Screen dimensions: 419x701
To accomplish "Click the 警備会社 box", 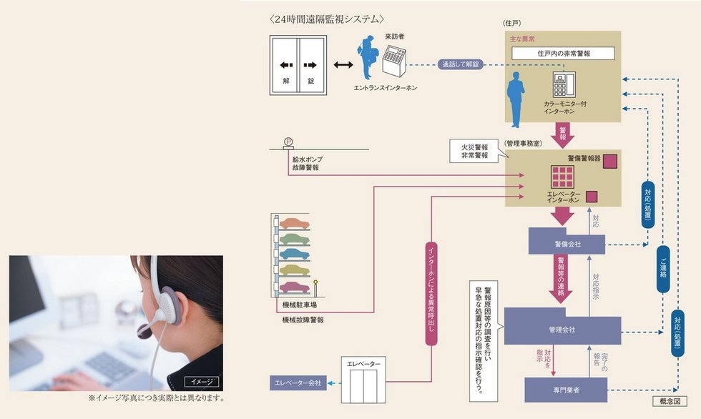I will pos(567,243).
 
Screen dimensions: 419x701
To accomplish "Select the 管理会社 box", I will pos(562,328).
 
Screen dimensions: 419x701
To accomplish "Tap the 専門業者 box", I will pos(565,390).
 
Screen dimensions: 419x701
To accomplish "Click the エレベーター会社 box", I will pos(298,384).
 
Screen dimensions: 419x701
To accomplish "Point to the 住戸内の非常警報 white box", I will pos(565,54).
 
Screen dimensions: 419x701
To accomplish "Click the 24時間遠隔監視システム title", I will pos(325,19).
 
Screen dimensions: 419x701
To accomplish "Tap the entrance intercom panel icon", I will pos(396,64).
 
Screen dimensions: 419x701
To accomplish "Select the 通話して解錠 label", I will pos(459,64).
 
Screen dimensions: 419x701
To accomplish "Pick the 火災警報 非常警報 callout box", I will pos(476,151).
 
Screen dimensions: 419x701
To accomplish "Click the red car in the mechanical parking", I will pos(294,287).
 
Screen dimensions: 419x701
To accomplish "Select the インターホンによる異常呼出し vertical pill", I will pos(431,293).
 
